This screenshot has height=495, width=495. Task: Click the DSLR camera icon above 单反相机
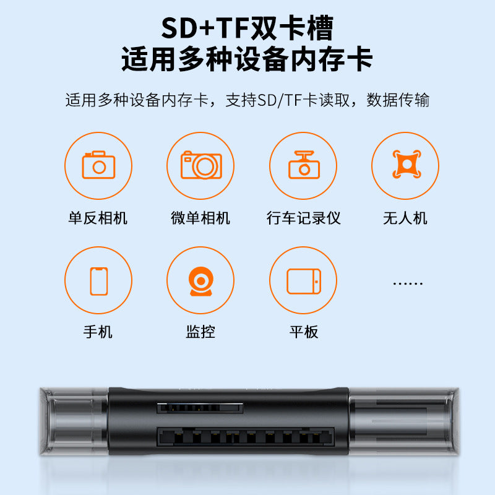[98, 166]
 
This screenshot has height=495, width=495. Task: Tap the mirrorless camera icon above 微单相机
[201, 166]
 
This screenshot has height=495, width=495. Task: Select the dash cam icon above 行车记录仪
[304, 166]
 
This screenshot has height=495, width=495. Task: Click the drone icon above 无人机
[405, 166]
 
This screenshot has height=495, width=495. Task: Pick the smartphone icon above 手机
[98, 280]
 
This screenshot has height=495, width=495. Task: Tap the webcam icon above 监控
[200, 280]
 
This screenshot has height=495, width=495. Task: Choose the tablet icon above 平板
[304, 280]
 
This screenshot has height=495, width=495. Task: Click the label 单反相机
[98, 218]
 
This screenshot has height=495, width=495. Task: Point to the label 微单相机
[200, 218]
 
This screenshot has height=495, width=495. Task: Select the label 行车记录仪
[304, 218]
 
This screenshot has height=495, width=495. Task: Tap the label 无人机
[405, 218]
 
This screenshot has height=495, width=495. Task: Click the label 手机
[98, 332]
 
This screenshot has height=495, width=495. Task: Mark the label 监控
[200, 332]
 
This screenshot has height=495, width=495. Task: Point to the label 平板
[304, 332]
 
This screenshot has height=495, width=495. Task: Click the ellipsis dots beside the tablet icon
[408, 283]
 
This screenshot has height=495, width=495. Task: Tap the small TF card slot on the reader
[199, 408]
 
